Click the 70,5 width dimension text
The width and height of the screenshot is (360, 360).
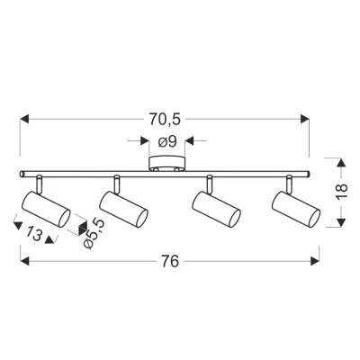coord(166,117)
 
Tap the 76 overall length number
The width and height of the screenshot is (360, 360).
coord(168,261)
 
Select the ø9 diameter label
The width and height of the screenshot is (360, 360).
coord(166,140)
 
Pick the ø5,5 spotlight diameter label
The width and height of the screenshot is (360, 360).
coord(91,232)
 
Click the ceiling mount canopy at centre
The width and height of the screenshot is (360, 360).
coord(166,166)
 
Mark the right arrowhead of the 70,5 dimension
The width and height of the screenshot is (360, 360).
coord(306,117)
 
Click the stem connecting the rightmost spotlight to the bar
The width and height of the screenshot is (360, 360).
coord(288,183)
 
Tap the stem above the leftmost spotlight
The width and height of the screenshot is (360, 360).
coord(40,183)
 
